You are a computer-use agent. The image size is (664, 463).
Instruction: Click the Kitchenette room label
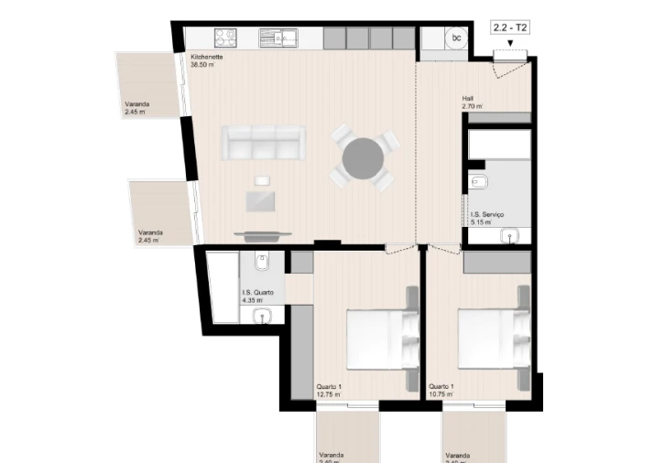(207, 57)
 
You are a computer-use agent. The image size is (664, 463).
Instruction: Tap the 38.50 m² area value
(202, 65)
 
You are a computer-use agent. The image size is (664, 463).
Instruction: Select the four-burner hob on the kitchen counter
(226, 38)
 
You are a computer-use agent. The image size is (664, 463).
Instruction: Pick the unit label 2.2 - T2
(510, 28)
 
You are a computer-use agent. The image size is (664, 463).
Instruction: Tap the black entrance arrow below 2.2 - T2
(510, 43)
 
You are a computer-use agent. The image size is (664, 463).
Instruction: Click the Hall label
(468, 99)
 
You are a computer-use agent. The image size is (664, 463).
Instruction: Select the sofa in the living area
(264, 143)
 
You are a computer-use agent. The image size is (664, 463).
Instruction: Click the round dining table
(364, 157)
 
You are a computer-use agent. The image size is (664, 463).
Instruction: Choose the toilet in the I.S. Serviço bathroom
(478, 183)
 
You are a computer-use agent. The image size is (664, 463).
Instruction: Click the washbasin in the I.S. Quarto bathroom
(263, 317)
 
